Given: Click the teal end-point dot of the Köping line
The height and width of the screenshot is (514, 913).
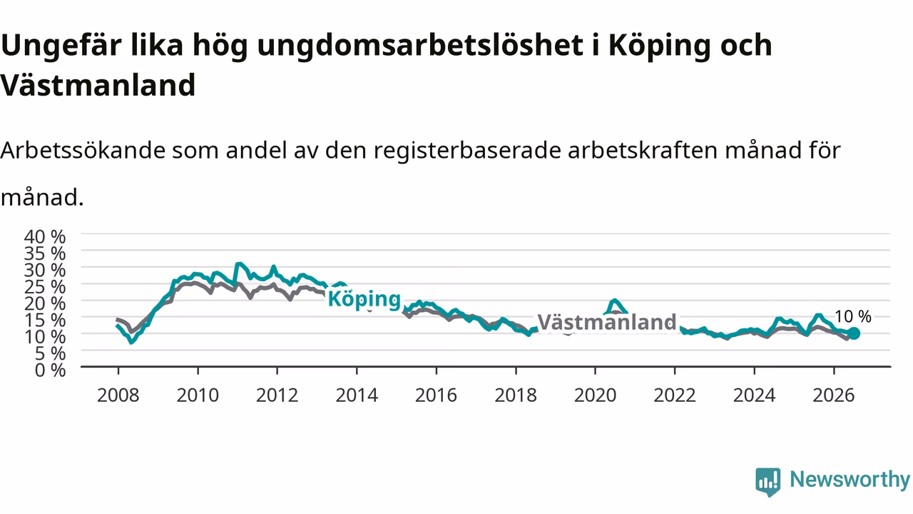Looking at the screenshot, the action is point(853,333).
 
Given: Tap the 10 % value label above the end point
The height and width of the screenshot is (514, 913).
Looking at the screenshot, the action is point(852,316).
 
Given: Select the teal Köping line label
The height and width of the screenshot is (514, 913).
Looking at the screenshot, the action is point(364,300).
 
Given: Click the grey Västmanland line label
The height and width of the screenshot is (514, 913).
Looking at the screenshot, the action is point(607,322).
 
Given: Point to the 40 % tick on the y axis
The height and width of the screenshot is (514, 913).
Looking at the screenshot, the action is point(45,236).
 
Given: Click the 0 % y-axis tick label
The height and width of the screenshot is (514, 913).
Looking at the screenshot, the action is point(50,370).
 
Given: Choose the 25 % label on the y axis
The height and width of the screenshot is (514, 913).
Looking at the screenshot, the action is point(45,287).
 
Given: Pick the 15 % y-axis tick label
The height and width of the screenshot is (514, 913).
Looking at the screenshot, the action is point(45,321).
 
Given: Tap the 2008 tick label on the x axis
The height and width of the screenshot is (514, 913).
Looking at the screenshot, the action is point(118,395).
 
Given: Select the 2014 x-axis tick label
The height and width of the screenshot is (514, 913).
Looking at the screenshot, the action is point(357,395).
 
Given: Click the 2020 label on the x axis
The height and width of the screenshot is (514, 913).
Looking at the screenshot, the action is point(595,395).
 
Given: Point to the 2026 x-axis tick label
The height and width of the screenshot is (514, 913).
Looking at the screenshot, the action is point(834,395).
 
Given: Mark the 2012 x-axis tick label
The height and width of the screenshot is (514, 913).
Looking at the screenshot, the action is point(277,395).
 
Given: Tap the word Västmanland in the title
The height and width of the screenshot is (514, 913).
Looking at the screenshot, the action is point(98,85).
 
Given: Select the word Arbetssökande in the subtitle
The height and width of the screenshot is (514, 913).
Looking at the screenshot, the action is point(83,150).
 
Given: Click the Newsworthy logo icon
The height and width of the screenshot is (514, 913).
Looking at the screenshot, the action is point(768,482).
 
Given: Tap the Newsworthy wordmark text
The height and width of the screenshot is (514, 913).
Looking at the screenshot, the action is point(850,480).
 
